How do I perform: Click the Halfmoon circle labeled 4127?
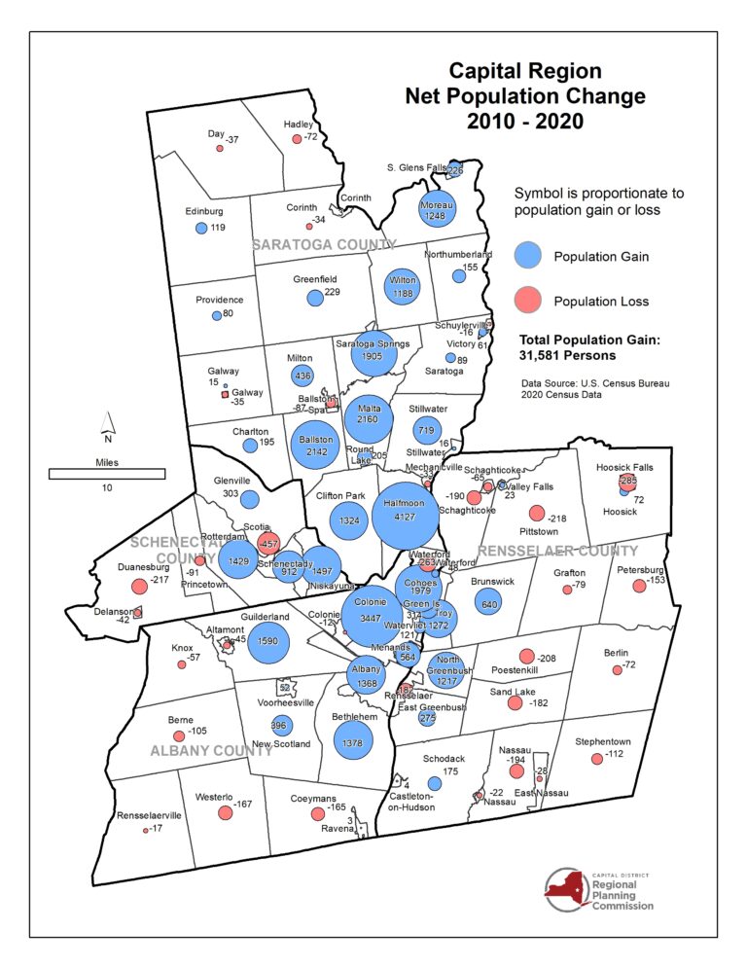(x=405, y=518)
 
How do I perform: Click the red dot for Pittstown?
(x=536, y=514)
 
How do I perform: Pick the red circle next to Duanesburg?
(x=136, y=585)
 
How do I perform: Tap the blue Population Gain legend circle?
(x=528, y=257)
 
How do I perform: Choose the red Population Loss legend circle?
(x=528, y=301)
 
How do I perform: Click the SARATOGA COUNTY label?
(x=324, y=245)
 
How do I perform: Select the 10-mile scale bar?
(x=107, y=473)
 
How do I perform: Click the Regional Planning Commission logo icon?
(x=566, y=889)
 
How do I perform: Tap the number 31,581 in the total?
(x=543, y=356)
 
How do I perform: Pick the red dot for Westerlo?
(x=225, y=813)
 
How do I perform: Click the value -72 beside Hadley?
(x=311, y=138)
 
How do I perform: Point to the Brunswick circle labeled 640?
(x=488, y=601)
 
